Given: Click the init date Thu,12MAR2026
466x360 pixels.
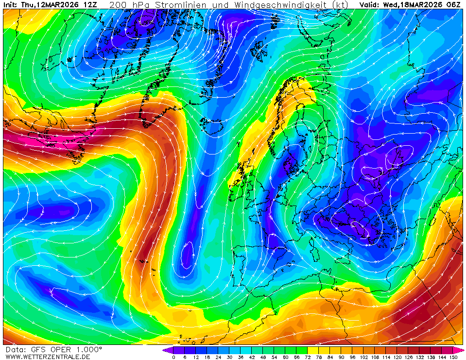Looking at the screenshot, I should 48,5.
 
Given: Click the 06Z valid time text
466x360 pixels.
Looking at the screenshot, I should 453,5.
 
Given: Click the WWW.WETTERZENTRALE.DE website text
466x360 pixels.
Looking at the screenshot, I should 48,357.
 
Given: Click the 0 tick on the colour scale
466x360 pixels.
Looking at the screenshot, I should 173,357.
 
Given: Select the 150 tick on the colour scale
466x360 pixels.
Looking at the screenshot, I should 453,357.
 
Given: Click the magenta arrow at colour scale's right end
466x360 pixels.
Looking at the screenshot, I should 459,350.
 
